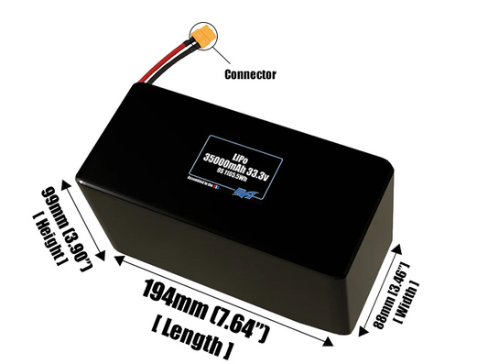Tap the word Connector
(249, 73)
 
